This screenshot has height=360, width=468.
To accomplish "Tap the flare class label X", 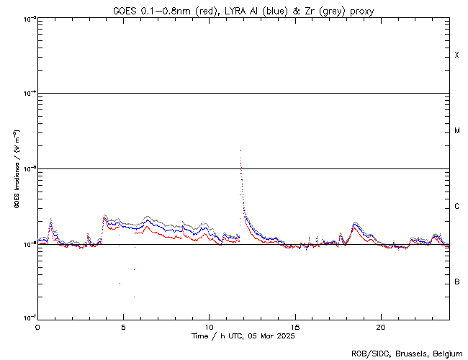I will click(x=456, y=55).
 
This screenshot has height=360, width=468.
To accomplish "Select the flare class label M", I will click(x=456, y=131).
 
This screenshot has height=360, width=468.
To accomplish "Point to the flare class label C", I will click(x=456, y=207).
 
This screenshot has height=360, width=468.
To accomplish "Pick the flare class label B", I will click(x=456, y=282).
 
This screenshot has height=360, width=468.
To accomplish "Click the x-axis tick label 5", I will click(x=123, y=326).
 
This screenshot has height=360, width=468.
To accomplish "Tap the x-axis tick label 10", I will click(x=209, y=326).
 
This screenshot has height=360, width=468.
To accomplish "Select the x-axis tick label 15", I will click(x=295, y=326).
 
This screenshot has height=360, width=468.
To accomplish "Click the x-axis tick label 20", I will click(x=381, y=326).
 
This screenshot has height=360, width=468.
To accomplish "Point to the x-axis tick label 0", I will click(x=37, y=326).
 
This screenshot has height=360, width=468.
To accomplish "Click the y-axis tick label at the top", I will click(x=27, y=18).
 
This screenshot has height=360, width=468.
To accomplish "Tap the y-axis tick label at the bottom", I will click(x=27, y=318).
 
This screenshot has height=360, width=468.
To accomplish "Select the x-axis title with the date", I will click(x=243, y=336).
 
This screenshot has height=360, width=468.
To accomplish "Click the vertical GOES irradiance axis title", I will click(x=15, y=168).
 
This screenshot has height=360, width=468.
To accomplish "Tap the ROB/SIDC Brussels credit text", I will click(x=408, y=353).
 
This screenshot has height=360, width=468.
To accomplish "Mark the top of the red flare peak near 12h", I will click(x=240, y=150).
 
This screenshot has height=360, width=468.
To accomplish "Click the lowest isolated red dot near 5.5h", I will click(x=134, y=297).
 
